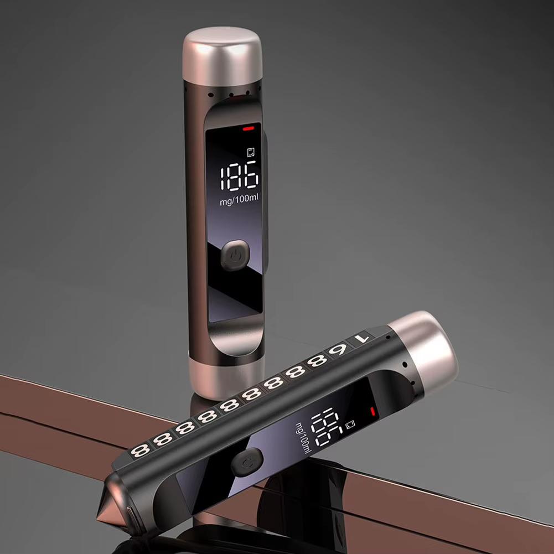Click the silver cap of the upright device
pyautogui.click(x=222, y=56)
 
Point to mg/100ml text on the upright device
pyautogui.click(x=239, y=200)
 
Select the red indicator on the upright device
pyautogui.click(x=248, y=128)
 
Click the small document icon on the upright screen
pyautogui.click(x=251, y=152)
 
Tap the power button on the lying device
pyautogui.click(x=247, y=462)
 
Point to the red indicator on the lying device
pyautogui.click(x=372, y=412)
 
